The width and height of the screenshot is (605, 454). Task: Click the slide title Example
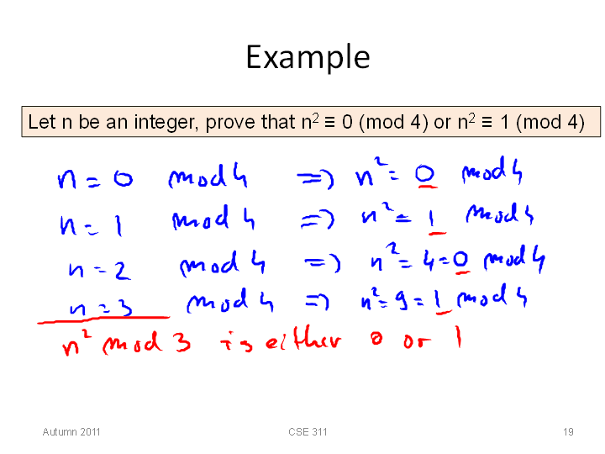[x=308, y=57]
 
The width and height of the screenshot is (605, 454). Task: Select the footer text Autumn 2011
[x=71, y=431]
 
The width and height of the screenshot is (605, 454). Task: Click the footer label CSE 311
[x=308, y=431]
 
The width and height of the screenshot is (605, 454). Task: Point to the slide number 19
[x=568, y=431]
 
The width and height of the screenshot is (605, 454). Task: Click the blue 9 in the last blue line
[x=402, y=300]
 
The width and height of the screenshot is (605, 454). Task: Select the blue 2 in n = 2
[x=123, y=270]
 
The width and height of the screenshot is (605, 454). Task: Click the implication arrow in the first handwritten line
[x=315, y=179]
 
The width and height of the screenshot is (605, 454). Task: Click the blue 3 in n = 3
[x=124, y=308]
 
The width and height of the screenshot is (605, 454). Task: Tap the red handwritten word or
[x=417, y=341]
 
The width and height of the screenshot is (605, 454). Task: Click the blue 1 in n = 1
[x=118, y=224]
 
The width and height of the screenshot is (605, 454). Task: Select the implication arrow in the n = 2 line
[x=323, y=263]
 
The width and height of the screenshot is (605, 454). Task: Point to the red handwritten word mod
[x=132, y=342]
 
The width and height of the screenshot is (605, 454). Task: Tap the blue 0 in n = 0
[x=123, y=179]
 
